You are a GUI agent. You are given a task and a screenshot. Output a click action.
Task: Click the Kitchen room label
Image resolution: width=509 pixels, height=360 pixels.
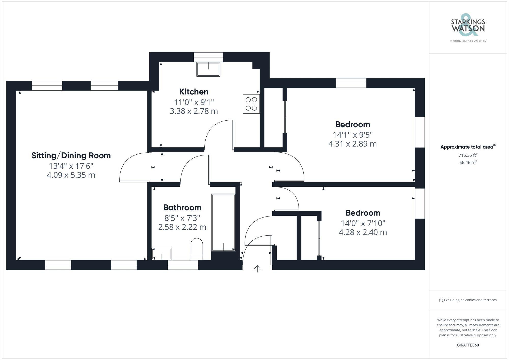pos(194,92)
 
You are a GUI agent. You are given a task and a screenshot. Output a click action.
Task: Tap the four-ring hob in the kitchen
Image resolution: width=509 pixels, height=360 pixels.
pos(251,104)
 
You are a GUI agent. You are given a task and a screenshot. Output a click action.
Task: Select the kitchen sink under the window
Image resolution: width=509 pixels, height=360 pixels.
pos(208,69)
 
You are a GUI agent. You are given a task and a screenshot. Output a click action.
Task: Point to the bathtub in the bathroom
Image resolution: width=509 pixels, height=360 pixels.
pos(223,223)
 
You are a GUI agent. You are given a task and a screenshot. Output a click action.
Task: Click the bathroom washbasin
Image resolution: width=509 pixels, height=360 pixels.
pos(162,254)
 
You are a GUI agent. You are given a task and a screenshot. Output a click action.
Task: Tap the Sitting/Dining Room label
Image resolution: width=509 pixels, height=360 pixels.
pos(71,155)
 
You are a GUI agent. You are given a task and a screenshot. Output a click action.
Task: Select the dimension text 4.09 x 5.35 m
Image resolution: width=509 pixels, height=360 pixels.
pos(71,175)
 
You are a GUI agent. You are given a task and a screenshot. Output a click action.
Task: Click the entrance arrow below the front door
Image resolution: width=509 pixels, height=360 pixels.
pos(257,269)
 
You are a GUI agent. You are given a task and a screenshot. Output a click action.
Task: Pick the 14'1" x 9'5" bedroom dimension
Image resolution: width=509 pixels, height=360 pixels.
pos(352,135)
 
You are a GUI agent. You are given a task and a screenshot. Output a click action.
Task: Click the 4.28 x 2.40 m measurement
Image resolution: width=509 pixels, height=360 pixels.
pos(363,232)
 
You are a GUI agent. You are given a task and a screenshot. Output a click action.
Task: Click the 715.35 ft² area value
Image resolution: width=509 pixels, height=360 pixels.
pos(468,155)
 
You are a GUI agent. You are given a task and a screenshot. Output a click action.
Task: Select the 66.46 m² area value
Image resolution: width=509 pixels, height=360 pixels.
pos(468,162)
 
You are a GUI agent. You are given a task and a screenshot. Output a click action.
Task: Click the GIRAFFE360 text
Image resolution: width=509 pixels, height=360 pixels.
pos(468,345)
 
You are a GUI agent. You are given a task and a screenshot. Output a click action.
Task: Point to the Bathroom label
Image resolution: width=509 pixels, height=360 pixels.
pos(182,208)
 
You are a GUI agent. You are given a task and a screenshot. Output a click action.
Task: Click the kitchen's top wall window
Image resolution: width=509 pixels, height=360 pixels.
pos(208,57)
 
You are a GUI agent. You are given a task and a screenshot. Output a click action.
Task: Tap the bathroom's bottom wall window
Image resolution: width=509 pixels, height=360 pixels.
pos(183,265)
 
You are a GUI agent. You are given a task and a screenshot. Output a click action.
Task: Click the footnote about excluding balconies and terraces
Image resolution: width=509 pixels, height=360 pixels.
pos(468,300)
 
